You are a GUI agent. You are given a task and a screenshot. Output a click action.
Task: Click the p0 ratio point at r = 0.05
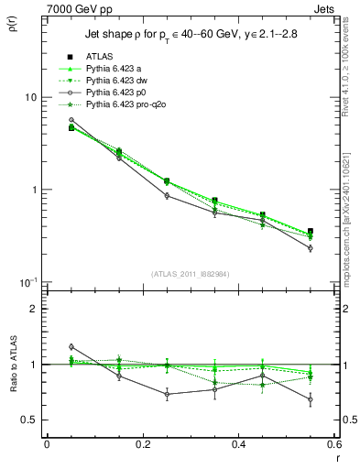(x=71, y=346)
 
